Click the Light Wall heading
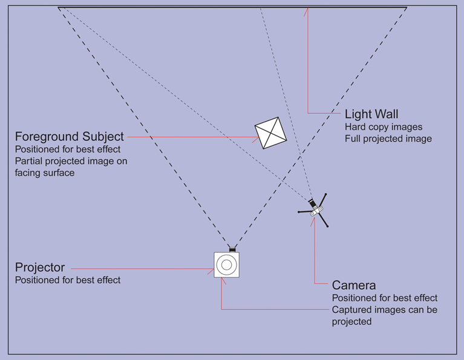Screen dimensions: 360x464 point(371,114)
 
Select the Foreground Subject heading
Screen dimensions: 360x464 point(70,137)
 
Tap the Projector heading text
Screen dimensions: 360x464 point(40,267)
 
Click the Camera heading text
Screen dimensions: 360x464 point(354,285)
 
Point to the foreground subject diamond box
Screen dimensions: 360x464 point(270,133)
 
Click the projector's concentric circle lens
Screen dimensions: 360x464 point(227,264)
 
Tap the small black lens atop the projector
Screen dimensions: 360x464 point(232,249)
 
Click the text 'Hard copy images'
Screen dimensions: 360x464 point(384,127)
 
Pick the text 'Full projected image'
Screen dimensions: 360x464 point(388,139)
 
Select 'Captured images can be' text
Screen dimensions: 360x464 point(385,310)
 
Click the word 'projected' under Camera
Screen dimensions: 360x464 point(351,321)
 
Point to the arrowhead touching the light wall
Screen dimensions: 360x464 point(307,10)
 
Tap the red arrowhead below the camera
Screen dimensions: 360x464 point(313,220)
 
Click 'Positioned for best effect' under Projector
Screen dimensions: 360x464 point(68,280)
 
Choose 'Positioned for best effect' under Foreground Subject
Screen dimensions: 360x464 point(68,149)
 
